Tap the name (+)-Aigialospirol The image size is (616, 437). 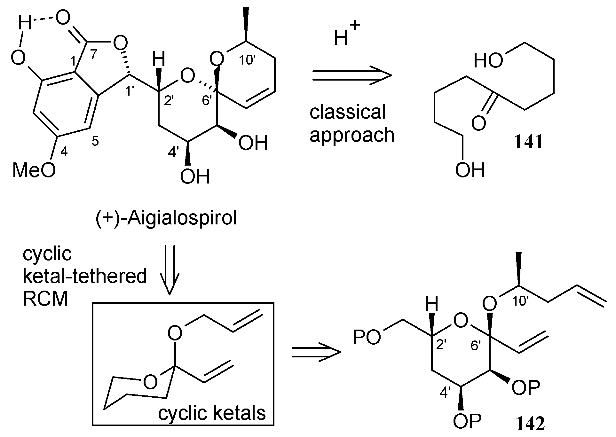click(166, 219)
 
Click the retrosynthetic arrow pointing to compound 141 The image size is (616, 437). click(352, 75)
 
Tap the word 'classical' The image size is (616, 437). click(348, 112)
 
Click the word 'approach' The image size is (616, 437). click(352, 135)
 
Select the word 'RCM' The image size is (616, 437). click(45, 299)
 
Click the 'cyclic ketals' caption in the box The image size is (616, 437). click(212, 413)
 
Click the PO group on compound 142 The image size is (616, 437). click(367, 338)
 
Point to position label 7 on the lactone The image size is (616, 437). click(93, 55)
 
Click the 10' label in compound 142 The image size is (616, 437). click(520, 301)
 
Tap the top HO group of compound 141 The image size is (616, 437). click(488, 60)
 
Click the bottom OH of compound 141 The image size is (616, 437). click(470, 170)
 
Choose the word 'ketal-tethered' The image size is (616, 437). click(85, 276)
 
